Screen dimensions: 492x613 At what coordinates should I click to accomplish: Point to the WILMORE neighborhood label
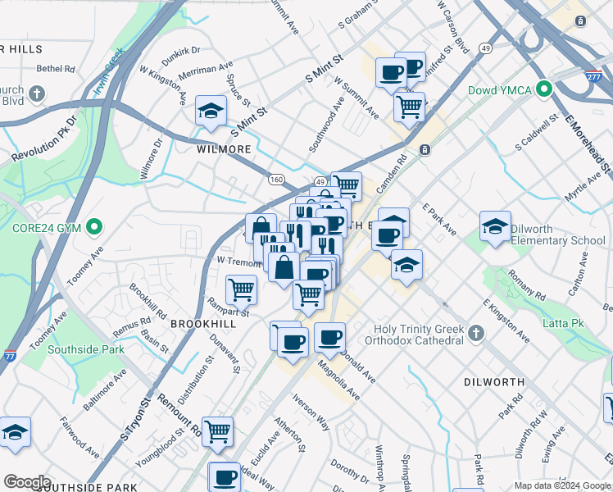(x=223, y=150)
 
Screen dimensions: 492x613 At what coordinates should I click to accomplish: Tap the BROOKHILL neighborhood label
(x=203, y=324)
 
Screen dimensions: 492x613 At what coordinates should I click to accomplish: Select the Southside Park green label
(x=86, y=349)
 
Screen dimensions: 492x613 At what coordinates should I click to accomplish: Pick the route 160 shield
(x=276, y=179)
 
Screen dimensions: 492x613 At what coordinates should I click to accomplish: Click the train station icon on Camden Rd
(x=425, y=149)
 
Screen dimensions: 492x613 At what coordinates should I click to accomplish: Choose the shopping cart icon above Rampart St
(x=241, y=289)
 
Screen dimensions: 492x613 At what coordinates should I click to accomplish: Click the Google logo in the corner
(x=26, y=481)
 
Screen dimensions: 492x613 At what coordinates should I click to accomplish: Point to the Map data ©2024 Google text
(x=561, y=485)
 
